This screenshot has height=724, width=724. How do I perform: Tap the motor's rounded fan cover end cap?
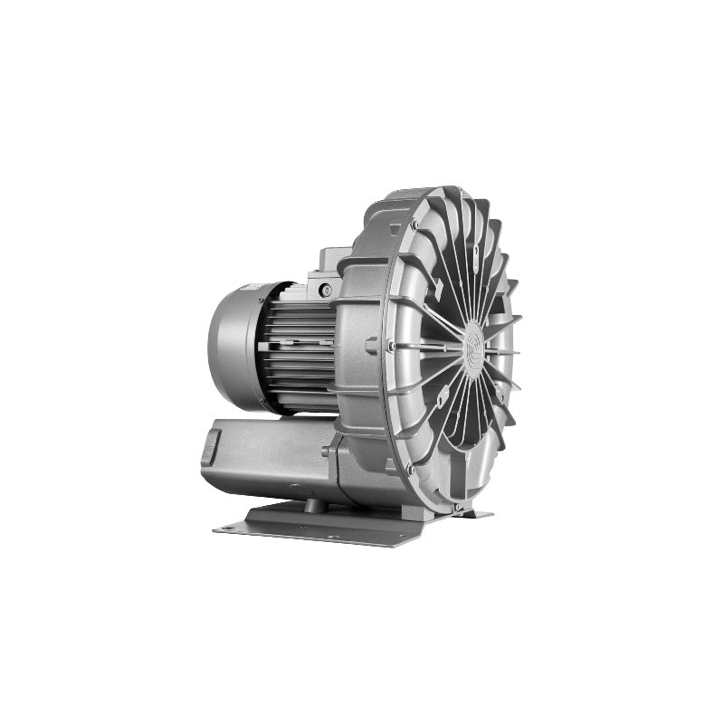(228, 344)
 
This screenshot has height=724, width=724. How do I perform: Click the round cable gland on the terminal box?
(324, 290)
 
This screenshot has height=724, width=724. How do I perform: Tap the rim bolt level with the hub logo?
(390, 345)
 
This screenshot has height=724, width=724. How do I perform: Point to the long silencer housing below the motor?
(271, 457)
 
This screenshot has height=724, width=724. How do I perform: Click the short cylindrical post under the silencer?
(312, 503)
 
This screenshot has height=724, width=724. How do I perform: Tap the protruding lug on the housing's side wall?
(370, 345)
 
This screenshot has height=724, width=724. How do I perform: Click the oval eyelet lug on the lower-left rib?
(442, 398)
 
